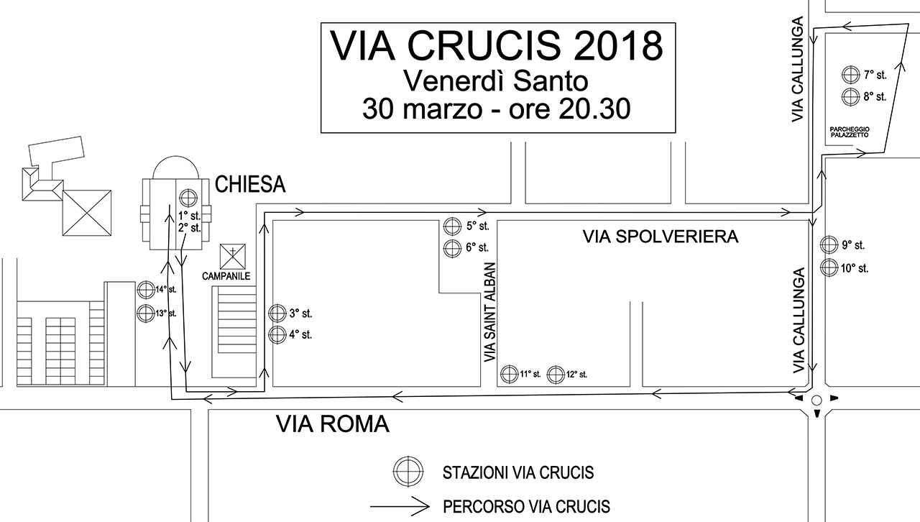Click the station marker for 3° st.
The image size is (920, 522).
click(x=277, y=313)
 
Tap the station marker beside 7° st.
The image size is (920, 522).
click(x=850, y=75)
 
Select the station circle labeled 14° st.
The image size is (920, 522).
click(x=146, y=290)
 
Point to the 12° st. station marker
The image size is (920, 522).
click(x=556, y=375)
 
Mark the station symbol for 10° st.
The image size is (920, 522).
click(x=829, y=267)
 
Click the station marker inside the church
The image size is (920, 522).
click(x=188, y=198)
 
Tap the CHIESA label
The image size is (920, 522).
click(x=250, y=184)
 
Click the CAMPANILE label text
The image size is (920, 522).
click(x=226, y=276)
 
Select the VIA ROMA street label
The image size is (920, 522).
click(x=333, y=423)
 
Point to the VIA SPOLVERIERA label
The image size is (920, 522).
click(x=661, y=237)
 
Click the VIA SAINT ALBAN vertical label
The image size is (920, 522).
click(x=490, y=312)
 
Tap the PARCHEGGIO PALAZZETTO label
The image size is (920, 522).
click(x=850, y=132)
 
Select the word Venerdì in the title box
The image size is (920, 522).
click(x=453, y=81)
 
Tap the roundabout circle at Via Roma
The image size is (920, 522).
click(x=817, y=400)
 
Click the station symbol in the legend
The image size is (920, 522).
click(x=408, y=472)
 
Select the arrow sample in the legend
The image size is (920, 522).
click(x=400, y=506)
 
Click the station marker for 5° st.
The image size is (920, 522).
click(x=452, y=226)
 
